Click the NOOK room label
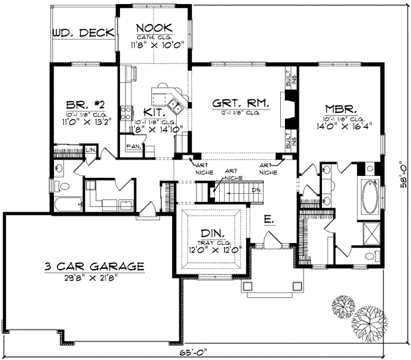coord(153,28)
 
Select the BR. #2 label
coord(82,105)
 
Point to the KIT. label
coord(153,112)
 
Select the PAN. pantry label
coord(133,146)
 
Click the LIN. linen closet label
coord(90,149)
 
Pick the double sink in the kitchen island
coord(176,106)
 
